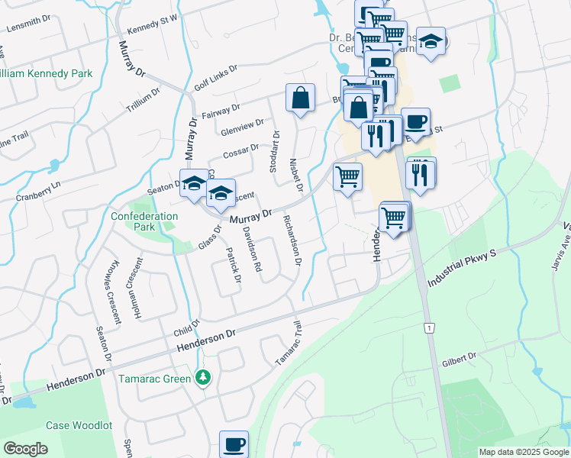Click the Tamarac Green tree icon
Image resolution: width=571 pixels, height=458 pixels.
(x=202, y=377)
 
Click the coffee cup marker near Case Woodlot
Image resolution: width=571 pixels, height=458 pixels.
(x=234, y=444)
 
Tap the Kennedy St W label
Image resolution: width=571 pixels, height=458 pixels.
(x=153, y=24)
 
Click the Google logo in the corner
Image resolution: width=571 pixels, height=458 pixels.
(x=25, y=449)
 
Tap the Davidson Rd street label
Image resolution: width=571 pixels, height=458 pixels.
(x=253, y=249)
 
